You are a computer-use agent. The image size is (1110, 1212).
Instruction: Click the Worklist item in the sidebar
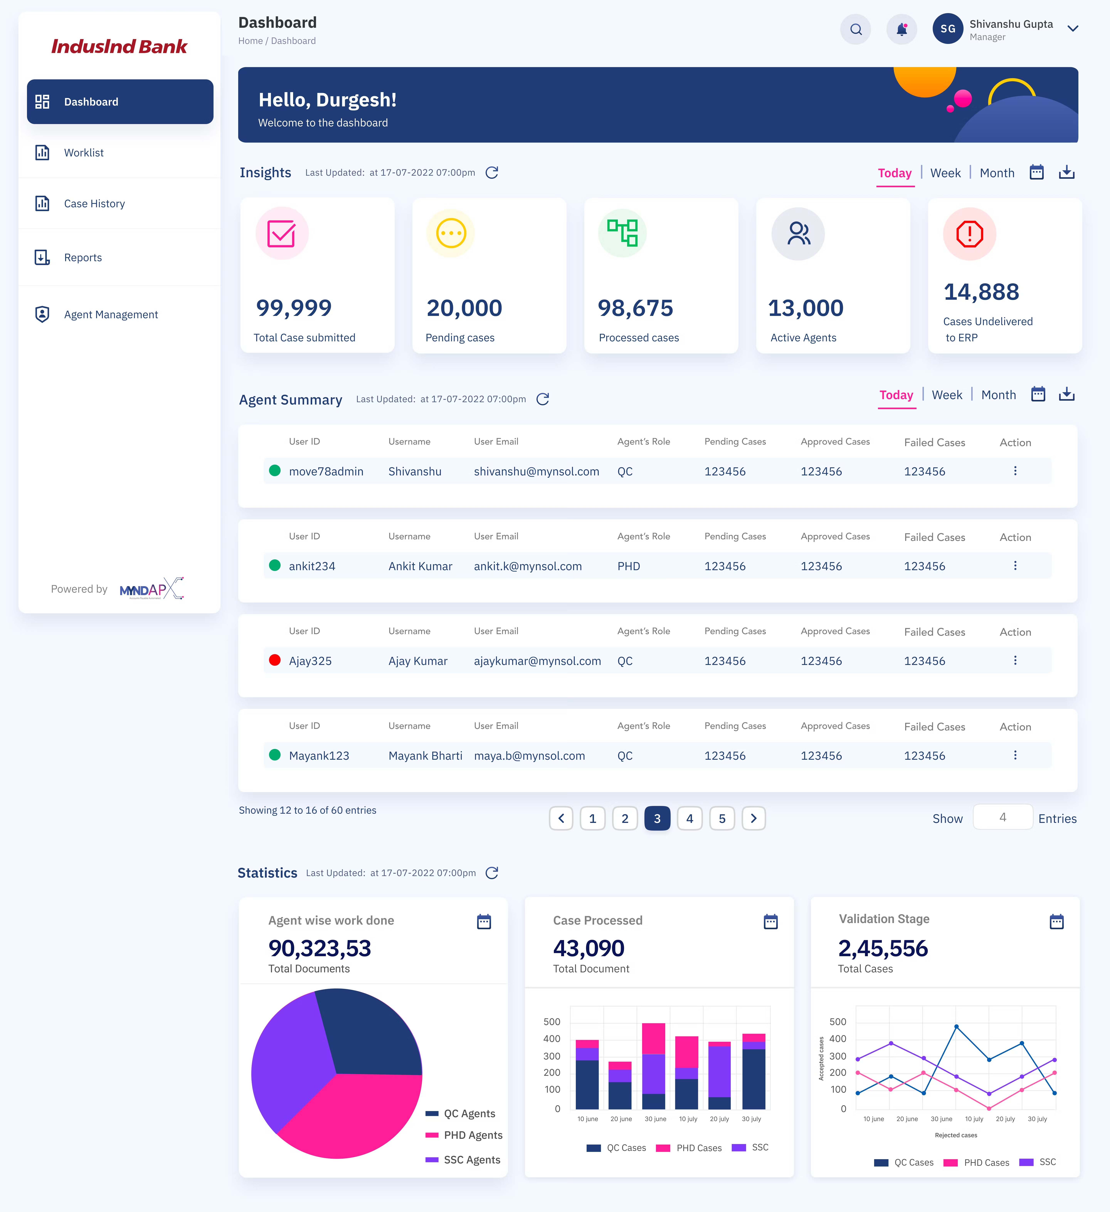pyautogui.click(x=84, y=153)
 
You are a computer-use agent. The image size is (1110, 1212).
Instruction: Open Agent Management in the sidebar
pyautogui.click(x=111, y=314)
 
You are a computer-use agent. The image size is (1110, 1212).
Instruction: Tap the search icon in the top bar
pyautogui.click(x=856, y=29)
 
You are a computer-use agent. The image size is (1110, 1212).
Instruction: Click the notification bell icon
pyautogui.click(x=901, y=29)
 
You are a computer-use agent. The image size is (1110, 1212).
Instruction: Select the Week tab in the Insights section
pyautogui.click(x=945, y=173)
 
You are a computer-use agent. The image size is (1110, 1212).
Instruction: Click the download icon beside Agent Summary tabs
pyautogui.click(x=1067, y=394)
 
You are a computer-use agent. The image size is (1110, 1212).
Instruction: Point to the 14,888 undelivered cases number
pyautogui.click(x=981, y=292)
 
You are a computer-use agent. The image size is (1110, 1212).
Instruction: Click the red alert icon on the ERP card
pyautogui.click(x=969, y=234)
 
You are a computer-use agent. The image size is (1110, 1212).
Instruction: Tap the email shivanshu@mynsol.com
pyautogui.click(x=536, y=471)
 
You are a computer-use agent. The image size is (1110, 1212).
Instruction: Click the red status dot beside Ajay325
pyautogui.click(x=275, y=660)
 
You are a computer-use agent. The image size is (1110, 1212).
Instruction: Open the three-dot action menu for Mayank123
pyautogui.click(x=1015, y=755)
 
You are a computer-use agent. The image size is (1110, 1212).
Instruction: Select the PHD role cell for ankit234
pyautogui.click(x=628, y=566)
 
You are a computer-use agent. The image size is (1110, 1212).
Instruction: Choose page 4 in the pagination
pyautogui.click(x=690, y=818)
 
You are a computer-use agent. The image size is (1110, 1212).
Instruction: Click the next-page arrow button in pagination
pyautogui.click(x=753, y=818)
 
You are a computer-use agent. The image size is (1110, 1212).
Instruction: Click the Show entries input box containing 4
pyautogui.click(x=1002, y=818)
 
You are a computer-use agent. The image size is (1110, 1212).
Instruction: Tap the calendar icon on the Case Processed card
pyautogui.click(x=770, y=922)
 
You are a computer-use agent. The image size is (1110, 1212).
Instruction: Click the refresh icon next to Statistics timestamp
pyautogui.click(x=492, y=873)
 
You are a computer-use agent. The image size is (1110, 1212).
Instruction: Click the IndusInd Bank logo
pyautogui.click(x=119, y=46)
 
